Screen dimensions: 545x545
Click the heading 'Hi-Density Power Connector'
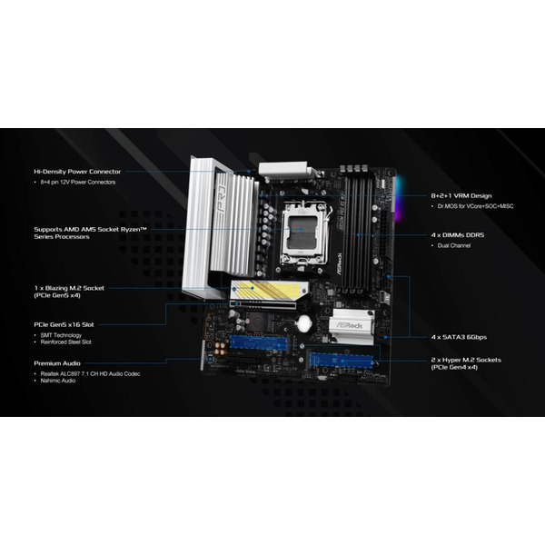[76, 171]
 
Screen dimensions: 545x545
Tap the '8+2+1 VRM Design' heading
[461, 195]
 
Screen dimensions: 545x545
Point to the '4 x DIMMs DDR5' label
[458, 234]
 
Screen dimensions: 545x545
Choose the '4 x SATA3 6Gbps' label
[461, 337]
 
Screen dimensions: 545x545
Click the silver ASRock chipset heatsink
[352, 326]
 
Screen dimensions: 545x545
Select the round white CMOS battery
[304, 323]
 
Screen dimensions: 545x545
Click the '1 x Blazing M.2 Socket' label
[68, 288]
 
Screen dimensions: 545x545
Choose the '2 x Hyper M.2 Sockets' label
[465, 360]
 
